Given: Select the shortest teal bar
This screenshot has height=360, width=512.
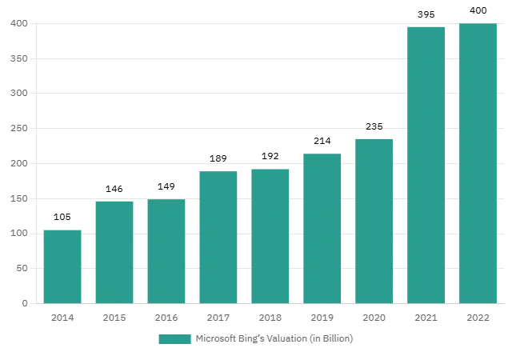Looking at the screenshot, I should [62, 265].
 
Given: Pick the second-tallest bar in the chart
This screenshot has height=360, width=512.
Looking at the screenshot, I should [426, 165].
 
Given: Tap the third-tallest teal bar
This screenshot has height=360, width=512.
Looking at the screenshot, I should [374, 220].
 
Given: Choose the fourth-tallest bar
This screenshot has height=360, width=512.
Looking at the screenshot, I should [323, 229].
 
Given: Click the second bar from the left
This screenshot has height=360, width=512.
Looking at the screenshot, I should [114, 251].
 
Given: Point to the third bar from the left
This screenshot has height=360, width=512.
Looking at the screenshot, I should [166, 251].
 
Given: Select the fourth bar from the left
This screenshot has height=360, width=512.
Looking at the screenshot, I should [220, 236].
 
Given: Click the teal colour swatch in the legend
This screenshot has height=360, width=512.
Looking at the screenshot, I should [174, 339].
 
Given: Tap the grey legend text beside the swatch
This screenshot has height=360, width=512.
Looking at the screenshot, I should [274, 339].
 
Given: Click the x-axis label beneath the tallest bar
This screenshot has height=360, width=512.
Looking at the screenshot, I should [477, 320].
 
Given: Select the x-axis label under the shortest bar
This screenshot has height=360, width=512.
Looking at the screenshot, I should [63, 320].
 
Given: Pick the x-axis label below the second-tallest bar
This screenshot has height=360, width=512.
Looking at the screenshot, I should [426, 320].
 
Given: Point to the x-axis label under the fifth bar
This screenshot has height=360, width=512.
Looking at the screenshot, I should [269, 320].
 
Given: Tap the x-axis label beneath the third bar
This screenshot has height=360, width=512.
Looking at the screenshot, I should [166, 320].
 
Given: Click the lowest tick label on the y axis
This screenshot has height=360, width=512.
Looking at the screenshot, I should [26, 302].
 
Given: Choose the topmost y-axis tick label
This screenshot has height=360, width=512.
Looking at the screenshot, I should [20, 26].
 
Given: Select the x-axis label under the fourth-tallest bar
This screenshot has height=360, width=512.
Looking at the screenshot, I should [322, 320].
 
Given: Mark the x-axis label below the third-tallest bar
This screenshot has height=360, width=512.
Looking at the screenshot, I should [374, 320].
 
